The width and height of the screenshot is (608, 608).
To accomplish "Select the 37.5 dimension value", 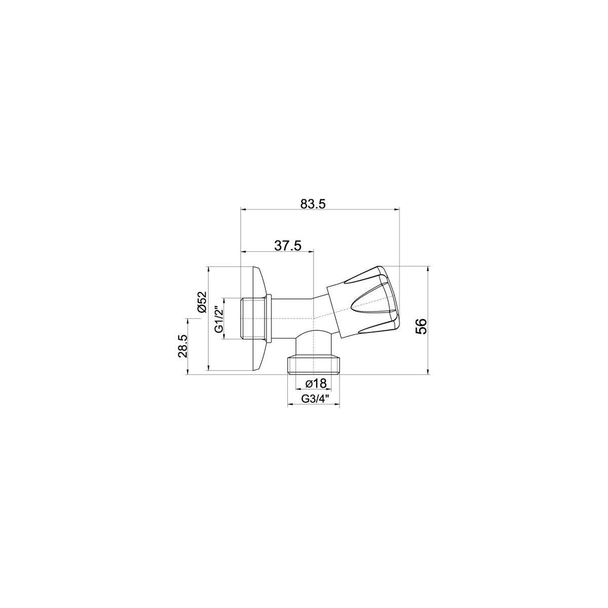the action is tap(288, 245).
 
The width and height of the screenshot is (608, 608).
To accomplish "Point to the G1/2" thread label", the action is tap(219, 319).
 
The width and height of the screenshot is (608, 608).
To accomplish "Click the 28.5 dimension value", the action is tap(183, 346).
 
